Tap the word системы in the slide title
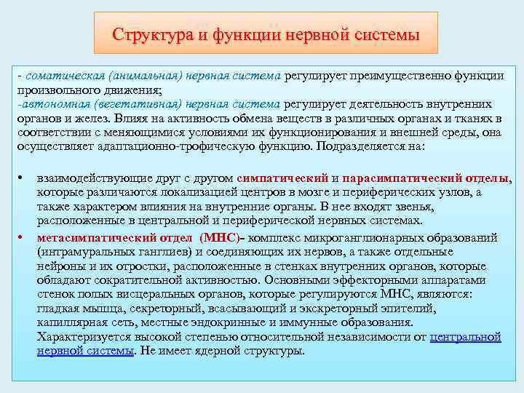384,34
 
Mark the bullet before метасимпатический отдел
24,237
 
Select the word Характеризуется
84,338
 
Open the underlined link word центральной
466,338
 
